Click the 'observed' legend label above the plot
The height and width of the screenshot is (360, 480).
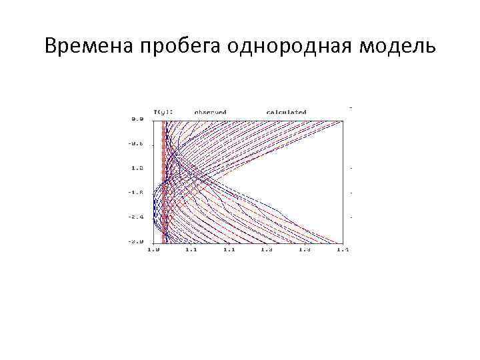click(x=211, y=112)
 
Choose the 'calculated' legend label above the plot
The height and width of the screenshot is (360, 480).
click(x=286, y=112)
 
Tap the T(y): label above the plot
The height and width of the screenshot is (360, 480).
click(x=164, y=112)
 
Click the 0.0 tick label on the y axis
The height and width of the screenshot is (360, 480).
click(x=137, y=119)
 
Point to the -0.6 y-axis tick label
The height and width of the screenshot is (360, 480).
click(x=137, y=144)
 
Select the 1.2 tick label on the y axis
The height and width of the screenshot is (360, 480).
click(x=137, y=168)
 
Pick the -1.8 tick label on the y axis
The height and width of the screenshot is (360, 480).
click(x=137, y=192)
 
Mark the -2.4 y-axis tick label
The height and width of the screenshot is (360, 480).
click(x=137, y=217)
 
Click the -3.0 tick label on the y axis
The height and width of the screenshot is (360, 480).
click(x=137, y=241)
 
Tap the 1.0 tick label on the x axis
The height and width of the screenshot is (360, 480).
click(x=153, y=249)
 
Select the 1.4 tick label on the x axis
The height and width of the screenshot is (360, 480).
click(x=343, y=249)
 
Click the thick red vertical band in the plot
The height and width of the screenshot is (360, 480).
click(x=164, y=180)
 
